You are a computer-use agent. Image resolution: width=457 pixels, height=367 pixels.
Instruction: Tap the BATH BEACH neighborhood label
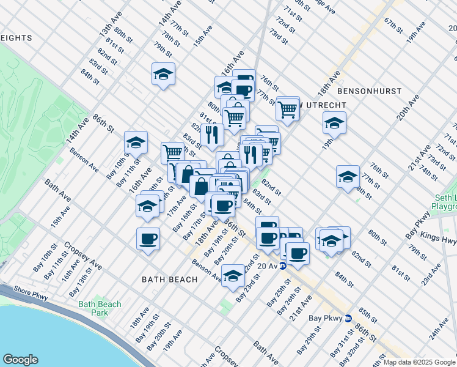pyautogui.click(x=169, y=280)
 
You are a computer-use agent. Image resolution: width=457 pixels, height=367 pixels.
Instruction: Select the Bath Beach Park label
pyautogui.click(x=99, y=308)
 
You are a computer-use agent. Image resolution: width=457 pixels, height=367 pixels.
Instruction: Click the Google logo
pyautogui.click(x=20, y=360)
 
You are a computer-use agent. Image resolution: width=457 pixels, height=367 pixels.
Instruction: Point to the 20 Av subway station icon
pyautogui.click(x=283, y=266)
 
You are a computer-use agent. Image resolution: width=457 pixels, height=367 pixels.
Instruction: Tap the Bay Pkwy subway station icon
pyautogui.click(x=348, y=318)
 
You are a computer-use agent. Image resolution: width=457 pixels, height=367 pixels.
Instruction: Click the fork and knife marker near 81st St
pyautogui.click(x=212, y=135)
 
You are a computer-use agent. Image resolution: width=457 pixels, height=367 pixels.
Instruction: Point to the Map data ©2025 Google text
pyautogui.click(x=420, y=362)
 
